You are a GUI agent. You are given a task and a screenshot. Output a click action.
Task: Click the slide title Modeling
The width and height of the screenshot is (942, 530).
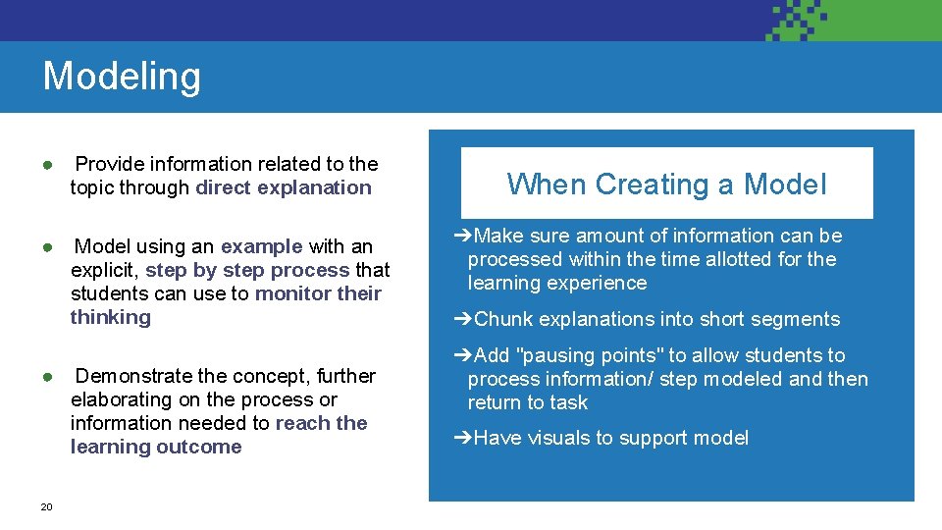pyautogui.click(x=122, y=77)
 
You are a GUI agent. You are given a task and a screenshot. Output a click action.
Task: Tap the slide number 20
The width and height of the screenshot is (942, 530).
pyautogui.click(x=46, y=506)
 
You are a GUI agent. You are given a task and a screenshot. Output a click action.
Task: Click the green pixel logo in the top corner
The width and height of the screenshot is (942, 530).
pyautogui.click(x=796, y=20)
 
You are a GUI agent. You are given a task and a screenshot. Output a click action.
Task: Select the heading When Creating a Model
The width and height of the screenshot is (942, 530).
pyautogui.click(x=666, y=184)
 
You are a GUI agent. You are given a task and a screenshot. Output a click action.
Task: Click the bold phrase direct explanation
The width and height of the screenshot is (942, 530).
pyautogui.click(x=284, y=187)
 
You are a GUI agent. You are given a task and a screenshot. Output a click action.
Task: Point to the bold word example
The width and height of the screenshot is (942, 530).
pyautogui.click(x=261, y=246)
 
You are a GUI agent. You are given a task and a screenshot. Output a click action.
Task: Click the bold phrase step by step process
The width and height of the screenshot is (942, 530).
pyautogui.click(x=247, y=270)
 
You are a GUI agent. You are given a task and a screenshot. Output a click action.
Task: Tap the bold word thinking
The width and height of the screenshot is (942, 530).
pyautogui.click(x=111, y=317)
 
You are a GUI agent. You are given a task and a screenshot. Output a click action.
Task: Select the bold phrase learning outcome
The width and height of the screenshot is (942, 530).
pyautogui.click(x=156, y=447)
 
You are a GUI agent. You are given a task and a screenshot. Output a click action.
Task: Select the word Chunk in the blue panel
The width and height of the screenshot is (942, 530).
pyautogui.click(x=503, y=319)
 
